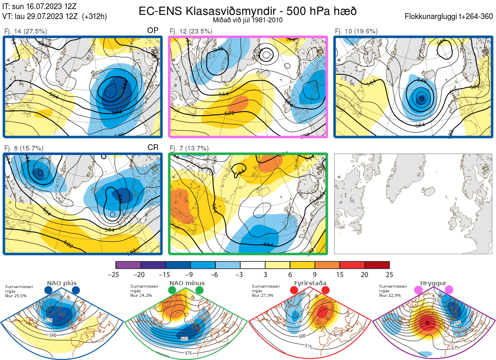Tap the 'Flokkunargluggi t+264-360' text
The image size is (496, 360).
coord(450,17)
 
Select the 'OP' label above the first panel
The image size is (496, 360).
coord(153,31)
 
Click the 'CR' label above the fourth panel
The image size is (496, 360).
coord(153,148)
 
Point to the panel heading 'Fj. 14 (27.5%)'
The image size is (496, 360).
coord(25,31)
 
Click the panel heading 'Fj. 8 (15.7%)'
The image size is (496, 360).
coord(24,148)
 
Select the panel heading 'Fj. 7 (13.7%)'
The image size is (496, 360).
coord(189,148)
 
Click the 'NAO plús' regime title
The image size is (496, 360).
coord(61,283)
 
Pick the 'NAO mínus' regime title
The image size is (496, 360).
coord(187,283)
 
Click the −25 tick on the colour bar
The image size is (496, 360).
coord(115,274)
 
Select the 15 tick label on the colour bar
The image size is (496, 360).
coord(340,274)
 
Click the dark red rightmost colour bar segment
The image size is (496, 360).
coord(377,265)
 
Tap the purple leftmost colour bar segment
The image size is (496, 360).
coord(129,265)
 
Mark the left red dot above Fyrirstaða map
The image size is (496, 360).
coord(294,290)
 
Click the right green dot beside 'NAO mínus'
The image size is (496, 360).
coord(200,290)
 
